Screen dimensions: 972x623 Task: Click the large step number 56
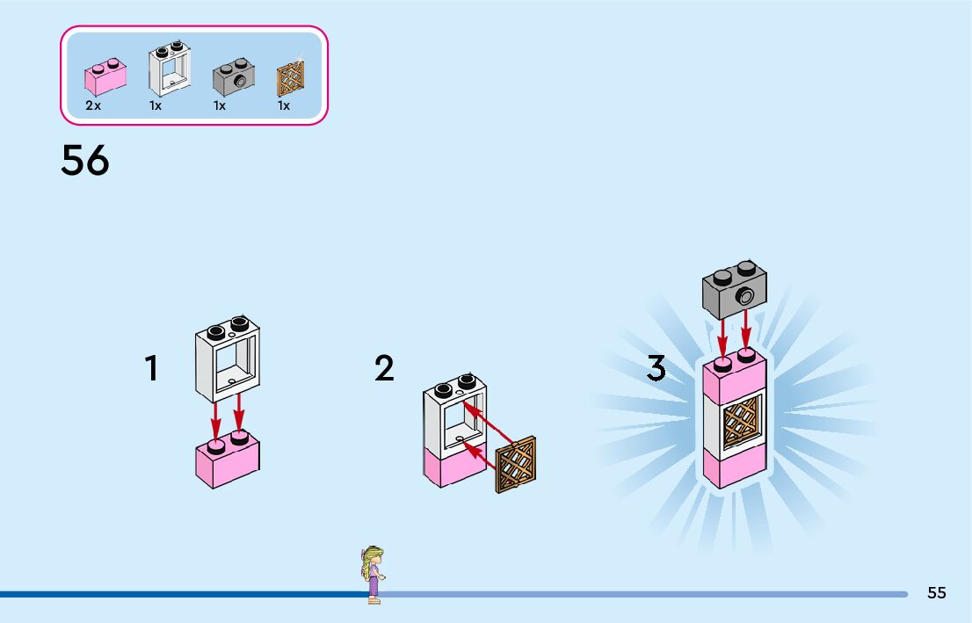[x=85, y=161]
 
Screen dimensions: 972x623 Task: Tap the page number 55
[x=937, y=593]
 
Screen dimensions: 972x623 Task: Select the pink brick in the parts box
[x=105, y=76]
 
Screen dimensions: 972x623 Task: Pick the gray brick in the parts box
[x=234, y=79]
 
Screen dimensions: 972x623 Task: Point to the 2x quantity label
[x=93, y=105]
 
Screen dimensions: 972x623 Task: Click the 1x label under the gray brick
[x=220, y=105]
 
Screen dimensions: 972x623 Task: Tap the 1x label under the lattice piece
[x=284, y=105]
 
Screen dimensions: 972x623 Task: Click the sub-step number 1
[x=152, y=369]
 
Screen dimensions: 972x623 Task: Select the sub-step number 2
[x=384, y=369]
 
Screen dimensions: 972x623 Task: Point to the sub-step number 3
[x=656, y=369]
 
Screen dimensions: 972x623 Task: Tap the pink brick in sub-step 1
[x=227, y=459]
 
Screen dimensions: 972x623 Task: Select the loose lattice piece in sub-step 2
[x=516, y=464]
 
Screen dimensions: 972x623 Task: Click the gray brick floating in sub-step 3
[x=734, y=290]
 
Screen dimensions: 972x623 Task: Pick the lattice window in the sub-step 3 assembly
[x=742, y=423]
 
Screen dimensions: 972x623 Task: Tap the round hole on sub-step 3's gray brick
[x=746, y=296]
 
